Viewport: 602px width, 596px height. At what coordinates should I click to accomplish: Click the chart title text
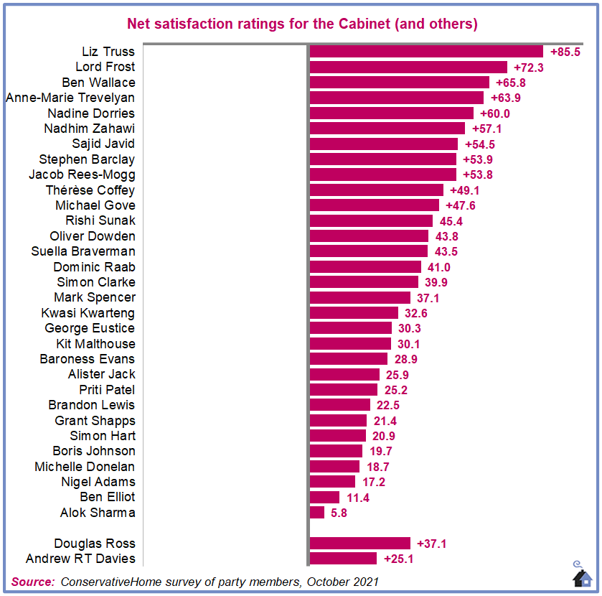click(x=302, y=24)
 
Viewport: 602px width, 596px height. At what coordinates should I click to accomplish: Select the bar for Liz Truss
click(x=426, y=52)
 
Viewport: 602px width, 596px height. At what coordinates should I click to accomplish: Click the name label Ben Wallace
click(x=98, y=83)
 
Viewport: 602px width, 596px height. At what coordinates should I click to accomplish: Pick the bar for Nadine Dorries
click(x=392, y=113)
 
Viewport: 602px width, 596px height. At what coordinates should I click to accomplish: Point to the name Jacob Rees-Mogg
click(x=82, y=174)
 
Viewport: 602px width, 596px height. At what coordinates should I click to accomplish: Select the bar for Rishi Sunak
click(x=371, y=220)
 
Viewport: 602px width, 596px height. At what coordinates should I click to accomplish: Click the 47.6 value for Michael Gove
click(x=461, y=205)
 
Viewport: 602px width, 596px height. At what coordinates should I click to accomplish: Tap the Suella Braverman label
click(x=83, y=251)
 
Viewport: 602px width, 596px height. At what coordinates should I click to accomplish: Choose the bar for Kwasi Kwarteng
click(x=354, y=312)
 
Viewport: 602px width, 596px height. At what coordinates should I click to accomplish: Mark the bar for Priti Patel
click(x=344, y=389)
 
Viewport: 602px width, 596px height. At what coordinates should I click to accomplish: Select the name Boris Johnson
click(x=94, y=451)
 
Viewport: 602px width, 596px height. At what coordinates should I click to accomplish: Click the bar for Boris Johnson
click(x=336, y=451)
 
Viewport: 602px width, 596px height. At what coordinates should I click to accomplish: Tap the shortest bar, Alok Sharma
click(x=317, y=513)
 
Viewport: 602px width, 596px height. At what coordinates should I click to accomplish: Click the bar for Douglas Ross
click(x=360, y=544)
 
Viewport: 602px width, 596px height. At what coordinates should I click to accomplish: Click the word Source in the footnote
click(x=33, y=581)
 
